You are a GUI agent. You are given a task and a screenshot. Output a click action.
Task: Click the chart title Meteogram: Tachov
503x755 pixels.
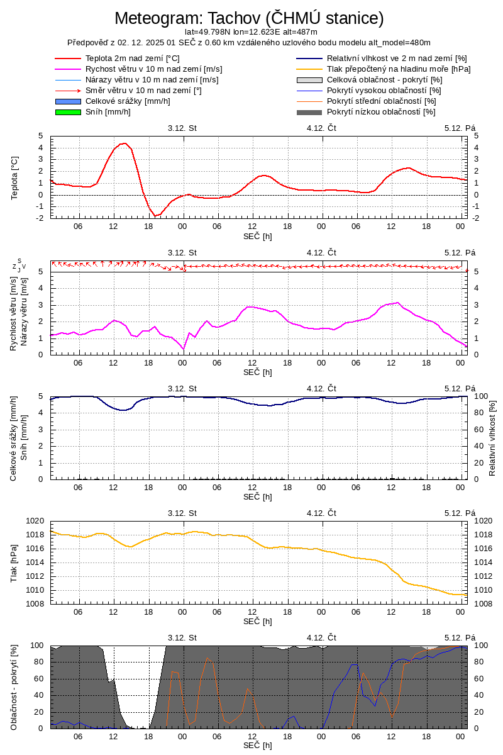[x=249, y=18]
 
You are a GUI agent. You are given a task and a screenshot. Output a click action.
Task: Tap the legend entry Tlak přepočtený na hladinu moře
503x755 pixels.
[x=399, y=69]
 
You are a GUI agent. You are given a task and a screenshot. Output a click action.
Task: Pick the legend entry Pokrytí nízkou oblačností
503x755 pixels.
[x=381, y=112]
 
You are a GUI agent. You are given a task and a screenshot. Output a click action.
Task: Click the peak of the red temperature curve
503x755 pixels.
[x=123, y=143]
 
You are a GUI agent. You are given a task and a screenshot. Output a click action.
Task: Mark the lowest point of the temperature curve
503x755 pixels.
[x=155, y=216]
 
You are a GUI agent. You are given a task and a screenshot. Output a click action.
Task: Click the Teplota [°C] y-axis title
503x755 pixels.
[x=15, y=177]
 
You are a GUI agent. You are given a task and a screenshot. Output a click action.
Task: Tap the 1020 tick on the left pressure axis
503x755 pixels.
[x=34, y=521]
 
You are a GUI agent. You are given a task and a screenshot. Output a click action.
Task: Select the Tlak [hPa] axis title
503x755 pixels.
[x=15, y=562]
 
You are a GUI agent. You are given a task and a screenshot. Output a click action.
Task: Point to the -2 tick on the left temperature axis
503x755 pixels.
[x=40, y=218]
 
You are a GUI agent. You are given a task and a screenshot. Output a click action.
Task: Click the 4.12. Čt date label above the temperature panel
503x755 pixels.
[x=321, y=128]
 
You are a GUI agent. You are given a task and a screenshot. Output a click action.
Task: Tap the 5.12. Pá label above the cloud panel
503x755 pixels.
[x=460, y=637]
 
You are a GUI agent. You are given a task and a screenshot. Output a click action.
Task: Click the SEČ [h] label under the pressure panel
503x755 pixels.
[x=258, y=621]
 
